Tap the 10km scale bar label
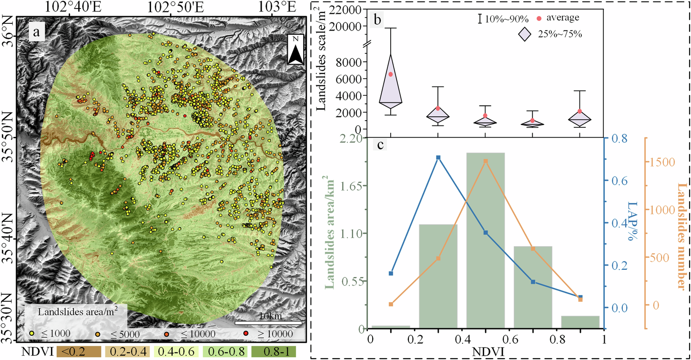pyautogui.click(x=270, y=316)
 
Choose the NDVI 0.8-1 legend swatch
pyautogui.click(x=278, y=352)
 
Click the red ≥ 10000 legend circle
pyautogui.click(x=246, y=333)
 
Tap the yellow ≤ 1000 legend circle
pyautogui.click(x=32, y=333)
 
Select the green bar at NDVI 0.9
pyautogui.click(x=579, y=322)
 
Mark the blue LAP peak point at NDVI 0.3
pyautogui.click(x=438, y=157)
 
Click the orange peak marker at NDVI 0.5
pyautogui.click(x=485, y=161)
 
